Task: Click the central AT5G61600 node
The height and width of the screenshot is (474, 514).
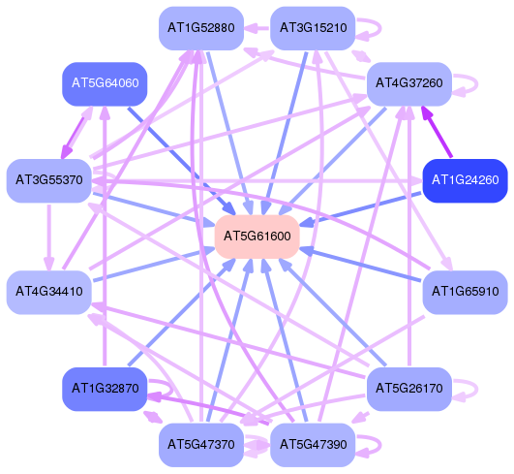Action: tap(257, 237)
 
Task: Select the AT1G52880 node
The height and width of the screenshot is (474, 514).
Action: tap(201, 28)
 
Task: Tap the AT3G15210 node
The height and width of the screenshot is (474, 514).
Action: tap(313, 28)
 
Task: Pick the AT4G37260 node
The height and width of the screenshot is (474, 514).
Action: tap(409, 84)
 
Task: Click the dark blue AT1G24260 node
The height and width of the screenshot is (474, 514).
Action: tap(466, 181)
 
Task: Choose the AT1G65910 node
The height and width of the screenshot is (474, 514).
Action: tap(466, 292)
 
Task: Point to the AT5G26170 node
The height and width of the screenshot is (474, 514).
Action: tap(409, 389)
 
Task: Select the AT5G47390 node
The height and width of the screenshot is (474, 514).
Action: tap(313, 445)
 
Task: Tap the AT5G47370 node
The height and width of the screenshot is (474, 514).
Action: tap(201, 445)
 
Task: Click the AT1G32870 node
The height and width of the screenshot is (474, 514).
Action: tap(105, 389)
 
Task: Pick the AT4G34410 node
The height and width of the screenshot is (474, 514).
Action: tap(49, 292)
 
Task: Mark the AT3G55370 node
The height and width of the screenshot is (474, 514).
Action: tap(49, 181)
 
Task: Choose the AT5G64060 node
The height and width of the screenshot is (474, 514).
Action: tap(105, 84)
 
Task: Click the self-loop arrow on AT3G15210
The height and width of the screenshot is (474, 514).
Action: tap(380, 29)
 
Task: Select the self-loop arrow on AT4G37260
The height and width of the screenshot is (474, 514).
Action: tap(476, 84)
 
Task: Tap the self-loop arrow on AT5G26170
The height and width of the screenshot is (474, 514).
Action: tap(476, 390)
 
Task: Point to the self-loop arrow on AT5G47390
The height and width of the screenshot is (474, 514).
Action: tap(380, 446)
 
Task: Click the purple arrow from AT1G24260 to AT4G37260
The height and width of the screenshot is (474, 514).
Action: tap(437, 131)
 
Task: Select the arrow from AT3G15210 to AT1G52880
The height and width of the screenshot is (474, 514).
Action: tap(257, 28)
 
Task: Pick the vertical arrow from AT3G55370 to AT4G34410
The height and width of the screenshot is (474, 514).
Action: tap(49, 237)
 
